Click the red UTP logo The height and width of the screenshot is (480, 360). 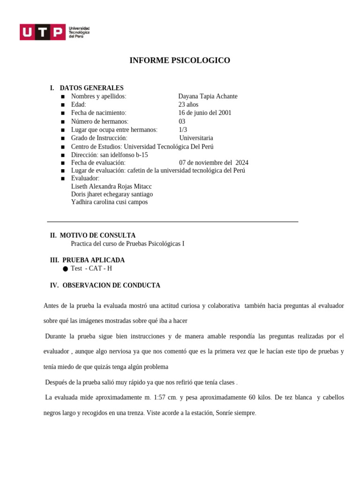coord(42,32)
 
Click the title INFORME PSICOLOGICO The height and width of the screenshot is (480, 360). coord(180,60)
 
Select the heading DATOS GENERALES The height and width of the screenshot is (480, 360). coord(91,88)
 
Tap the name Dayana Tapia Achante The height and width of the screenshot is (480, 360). coord(208,96)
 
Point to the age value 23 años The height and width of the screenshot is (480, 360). coord(188,105)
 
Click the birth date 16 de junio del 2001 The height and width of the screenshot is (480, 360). coord(205,113)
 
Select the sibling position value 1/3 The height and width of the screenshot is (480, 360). coord(183,129)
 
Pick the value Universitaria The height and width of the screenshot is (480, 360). coord(196,138)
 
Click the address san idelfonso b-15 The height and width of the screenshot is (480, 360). coord(124,155)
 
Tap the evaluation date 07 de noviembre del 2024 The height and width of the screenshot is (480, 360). coord(213,163)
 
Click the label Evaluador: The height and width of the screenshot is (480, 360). coord(85,178)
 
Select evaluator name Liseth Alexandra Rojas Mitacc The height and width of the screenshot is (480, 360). coord(112,187)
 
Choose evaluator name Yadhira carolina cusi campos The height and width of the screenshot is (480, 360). coord(109,202)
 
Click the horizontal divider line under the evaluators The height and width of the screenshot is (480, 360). coord(172,222)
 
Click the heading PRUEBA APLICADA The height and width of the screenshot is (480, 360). coord(93,260)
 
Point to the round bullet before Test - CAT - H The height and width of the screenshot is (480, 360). coord(65,269)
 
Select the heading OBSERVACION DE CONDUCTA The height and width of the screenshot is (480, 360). coord(111,285)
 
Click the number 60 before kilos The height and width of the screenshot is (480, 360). coord(252,397)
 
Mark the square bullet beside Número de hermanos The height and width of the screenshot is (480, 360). coord(62,122)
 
